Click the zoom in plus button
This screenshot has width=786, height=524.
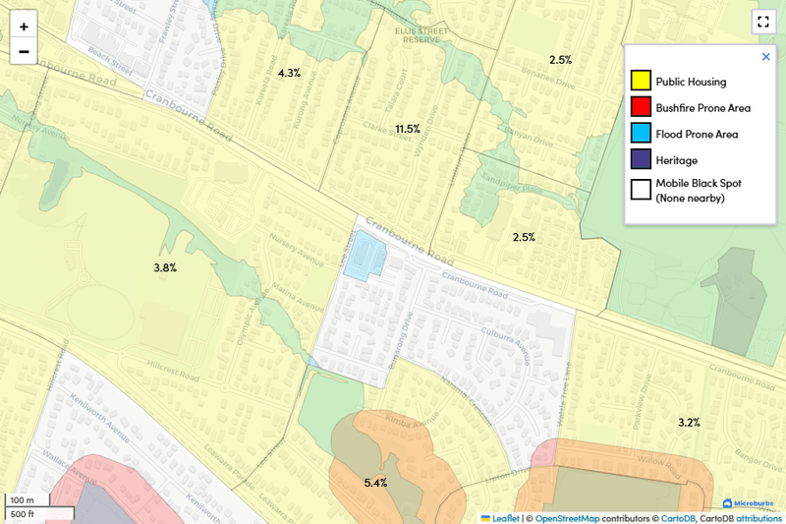[24, 27]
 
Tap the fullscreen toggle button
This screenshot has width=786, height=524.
[762, 22]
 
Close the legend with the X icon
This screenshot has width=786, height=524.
[766, 57]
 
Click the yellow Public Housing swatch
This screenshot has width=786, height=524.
[641, 82]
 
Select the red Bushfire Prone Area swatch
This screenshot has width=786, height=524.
[641, 107]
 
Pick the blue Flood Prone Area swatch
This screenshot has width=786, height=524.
[641, 134]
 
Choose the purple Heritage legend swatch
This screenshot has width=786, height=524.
[641, 159]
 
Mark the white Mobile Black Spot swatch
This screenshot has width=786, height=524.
[641, 190]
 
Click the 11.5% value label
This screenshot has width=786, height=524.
[408, 129]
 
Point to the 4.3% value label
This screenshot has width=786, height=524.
[290, 73]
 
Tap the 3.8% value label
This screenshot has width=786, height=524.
[165, 267]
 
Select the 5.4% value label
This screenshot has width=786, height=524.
[375, 483]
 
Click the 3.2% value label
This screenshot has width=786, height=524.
[689, 423]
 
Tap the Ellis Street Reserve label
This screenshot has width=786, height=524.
[421, 35]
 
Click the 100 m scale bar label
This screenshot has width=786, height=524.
[22, 501]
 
